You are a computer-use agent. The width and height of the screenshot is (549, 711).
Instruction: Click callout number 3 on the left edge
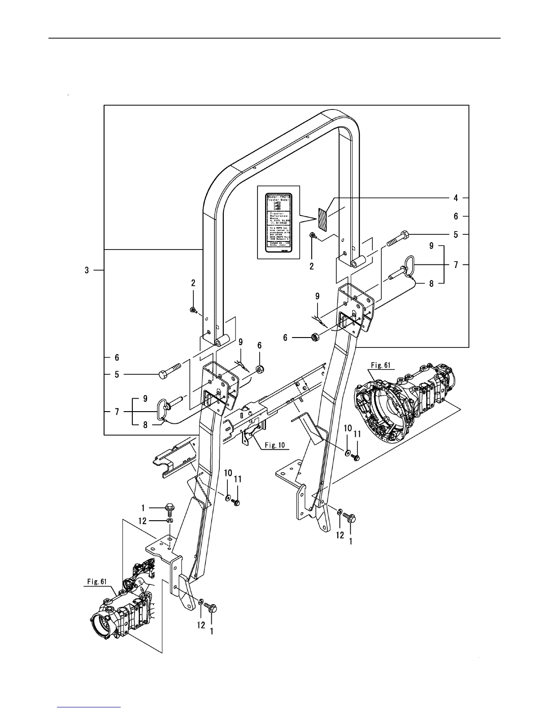coord(87,270)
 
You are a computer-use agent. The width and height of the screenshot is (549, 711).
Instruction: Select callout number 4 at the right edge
coord(455,197)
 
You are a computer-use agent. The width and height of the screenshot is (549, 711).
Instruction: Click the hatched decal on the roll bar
coord(324,218)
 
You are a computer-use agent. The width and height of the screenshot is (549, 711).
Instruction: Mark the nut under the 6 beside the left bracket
coord(260,369)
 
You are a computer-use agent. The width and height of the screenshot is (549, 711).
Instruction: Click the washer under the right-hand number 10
coord(348,452)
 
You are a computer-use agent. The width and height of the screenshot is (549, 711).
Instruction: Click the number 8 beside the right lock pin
coord(431,283)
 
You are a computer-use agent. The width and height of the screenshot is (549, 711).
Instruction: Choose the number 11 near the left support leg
coord(238,479)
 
